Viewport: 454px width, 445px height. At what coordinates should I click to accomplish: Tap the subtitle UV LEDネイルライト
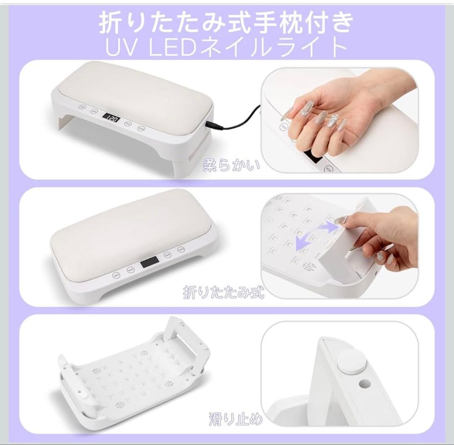click(226, 47)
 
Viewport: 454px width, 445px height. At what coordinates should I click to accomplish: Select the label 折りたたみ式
click(223, 291)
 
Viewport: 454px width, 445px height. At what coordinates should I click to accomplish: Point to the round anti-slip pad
click(351, 361)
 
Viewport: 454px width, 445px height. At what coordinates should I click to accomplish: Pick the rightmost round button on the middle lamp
click(181, 250)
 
